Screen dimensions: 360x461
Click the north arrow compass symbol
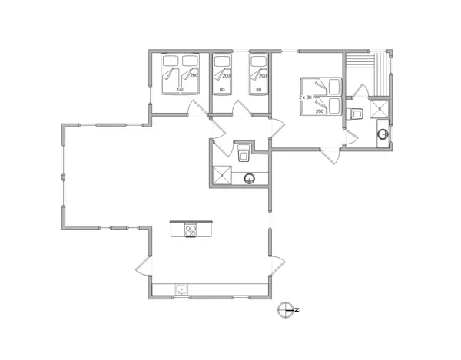[x=286, y=309]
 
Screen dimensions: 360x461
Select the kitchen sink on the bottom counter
[x=182, y=289]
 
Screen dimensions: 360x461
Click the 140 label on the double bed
[x=180, y=90]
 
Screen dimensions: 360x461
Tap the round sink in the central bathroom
[x=249, y=180]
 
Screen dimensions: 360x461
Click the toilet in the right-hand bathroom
[x=356, y=114]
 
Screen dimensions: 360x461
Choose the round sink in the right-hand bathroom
[x=383, y=135]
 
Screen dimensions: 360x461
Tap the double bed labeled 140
[x=179, y=74]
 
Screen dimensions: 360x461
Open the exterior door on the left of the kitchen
[x=144, y=269]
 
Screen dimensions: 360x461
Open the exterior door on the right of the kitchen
[x=277, y=267]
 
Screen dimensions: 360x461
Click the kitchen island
[x=193, y=229]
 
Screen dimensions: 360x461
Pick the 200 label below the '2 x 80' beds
[x=319, y=111]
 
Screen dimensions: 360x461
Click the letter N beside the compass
[x=296, y=309]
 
